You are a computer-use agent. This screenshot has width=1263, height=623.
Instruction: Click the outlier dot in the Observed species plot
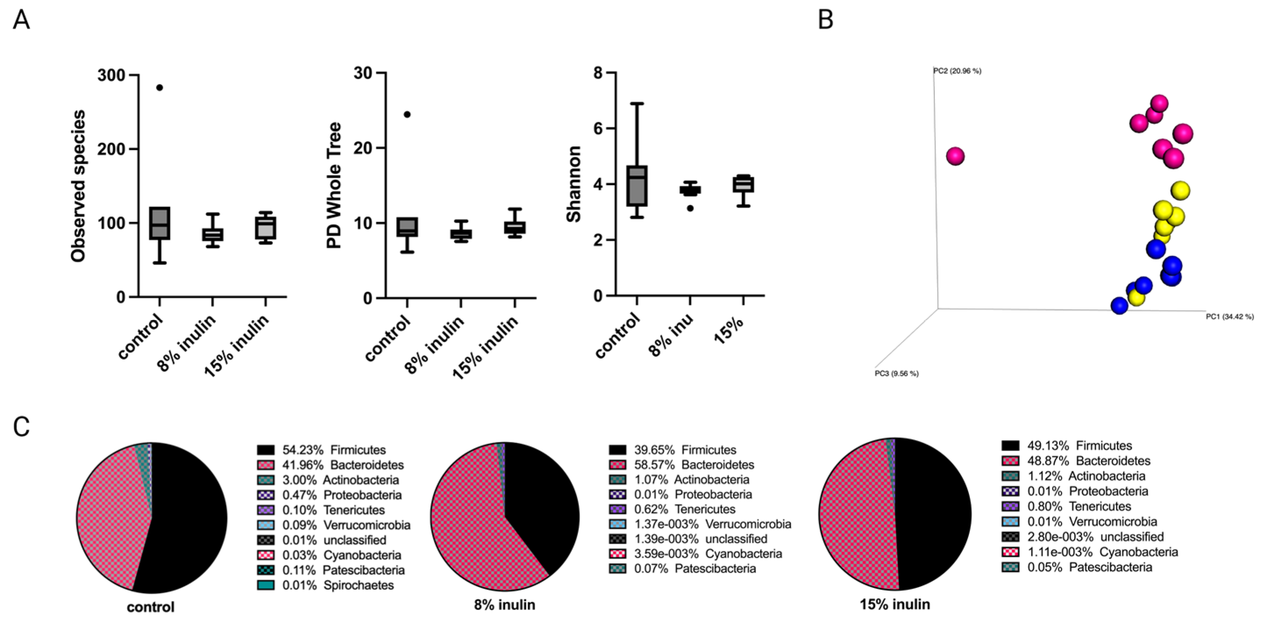[160, 88]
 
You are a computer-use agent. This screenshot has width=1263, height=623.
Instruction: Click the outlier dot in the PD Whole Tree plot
[407, 114]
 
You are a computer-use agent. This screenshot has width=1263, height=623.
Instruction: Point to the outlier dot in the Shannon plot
[690, 208]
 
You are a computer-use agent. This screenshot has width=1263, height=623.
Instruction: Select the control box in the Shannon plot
[637, 186]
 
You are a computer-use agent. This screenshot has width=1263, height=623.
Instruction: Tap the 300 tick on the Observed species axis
[111, 75]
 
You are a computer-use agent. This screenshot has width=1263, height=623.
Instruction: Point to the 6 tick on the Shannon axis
[597, 128]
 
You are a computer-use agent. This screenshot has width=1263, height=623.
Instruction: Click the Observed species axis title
[78, 186]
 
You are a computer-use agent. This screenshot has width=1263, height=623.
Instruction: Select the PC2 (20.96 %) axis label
[957, 71]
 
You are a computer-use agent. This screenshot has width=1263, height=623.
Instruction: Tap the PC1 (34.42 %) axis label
[1230, 317]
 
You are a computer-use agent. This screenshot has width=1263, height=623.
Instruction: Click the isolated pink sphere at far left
[955, 157]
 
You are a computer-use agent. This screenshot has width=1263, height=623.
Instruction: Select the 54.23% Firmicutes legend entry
[333, 450]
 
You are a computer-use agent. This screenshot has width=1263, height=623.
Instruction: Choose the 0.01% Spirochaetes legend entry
[338, 585]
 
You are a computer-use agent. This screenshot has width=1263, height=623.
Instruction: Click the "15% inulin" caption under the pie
[895, 604]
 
